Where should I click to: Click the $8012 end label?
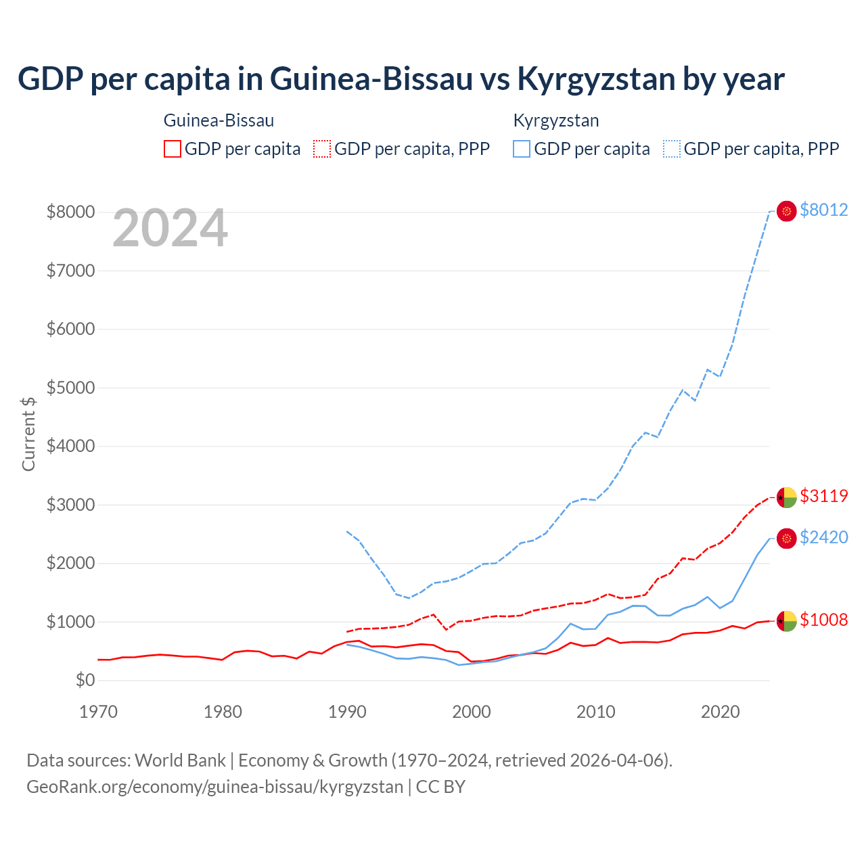point(823,210)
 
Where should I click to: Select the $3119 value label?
point(823,496)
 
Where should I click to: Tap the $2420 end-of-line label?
point(823,537)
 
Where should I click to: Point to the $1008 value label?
point(823,620)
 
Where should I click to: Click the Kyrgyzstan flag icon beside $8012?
point(786,211)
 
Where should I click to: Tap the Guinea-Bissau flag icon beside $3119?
point(786,497)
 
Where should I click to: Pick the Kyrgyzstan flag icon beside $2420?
point(786,539)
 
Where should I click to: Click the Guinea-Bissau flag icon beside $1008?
point(786,620)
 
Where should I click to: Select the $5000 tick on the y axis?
point(70,388)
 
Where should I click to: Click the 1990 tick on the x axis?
point(347,712)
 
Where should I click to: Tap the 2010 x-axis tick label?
point(595,712)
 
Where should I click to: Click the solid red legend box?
point(173,149)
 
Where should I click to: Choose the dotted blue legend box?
point(672,149)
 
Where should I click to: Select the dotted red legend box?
point(323,149)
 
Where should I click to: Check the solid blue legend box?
point(522,149)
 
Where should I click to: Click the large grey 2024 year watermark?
point(170,229)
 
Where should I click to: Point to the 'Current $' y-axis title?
point(28,434)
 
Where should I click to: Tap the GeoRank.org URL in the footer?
point(214,787)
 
